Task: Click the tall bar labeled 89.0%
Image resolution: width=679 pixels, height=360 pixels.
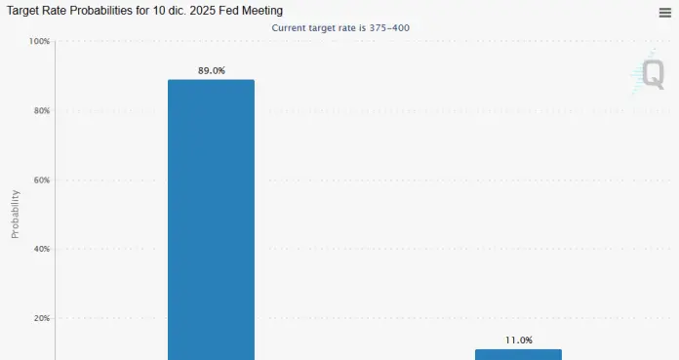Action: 211,220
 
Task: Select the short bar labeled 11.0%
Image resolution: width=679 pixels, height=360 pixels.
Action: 518,354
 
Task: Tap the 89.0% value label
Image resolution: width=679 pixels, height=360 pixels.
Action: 211,70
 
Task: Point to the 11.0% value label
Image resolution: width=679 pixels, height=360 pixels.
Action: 518,340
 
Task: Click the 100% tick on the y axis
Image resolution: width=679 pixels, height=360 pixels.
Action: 39,42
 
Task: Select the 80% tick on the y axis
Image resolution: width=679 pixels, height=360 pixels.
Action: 40,111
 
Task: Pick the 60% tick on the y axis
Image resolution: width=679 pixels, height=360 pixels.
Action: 40,180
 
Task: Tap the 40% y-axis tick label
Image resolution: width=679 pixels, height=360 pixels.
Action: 40,249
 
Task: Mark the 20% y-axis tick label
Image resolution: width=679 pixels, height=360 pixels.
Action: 40,318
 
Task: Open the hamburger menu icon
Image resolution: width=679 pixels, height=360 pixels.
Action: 664,12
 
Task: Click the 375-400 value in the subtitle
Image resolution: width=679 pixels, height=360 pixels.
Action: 389,27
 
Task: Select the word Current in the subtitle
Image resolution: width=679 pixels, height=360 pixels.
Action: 290,27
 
